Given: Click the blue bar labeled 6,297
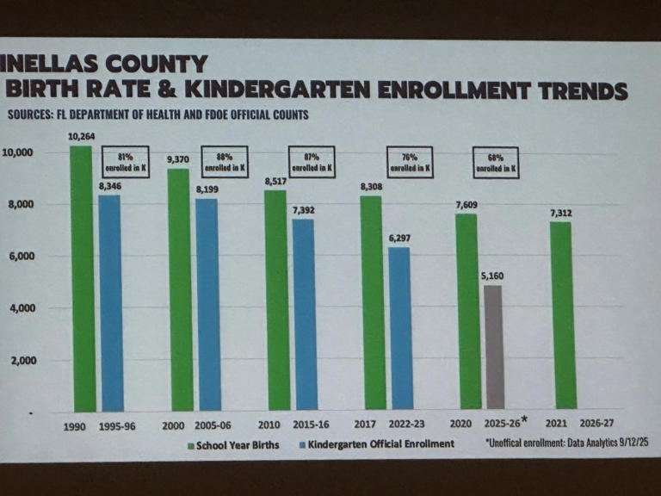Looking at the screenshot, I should point(400,328).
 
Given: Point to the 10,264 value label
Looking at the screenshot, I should point(81,137).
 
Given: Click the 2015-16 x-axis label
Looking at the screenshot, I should point(310,425).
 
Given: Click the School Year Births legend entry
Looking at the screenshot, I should point(229,445).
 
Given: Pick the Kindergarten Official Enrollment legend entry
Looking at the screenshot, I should point(379,445).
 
